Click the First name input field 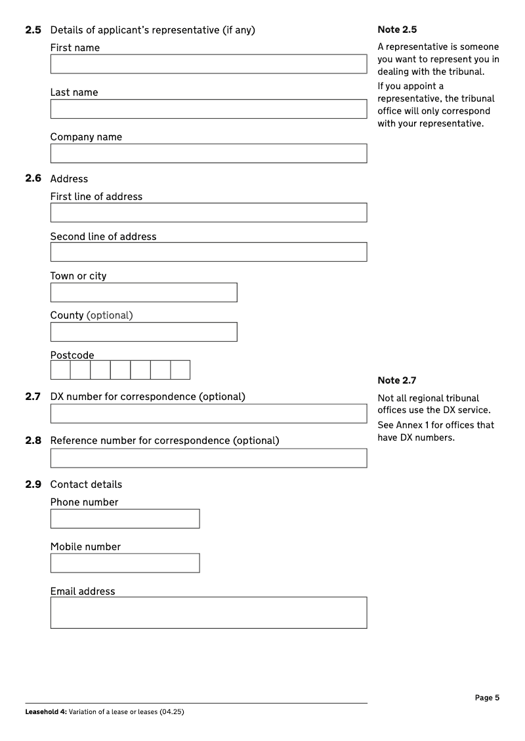click(x=208, y=64)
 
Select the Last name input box click(x=208, y=109)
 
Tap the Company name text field click(x=208, y=153)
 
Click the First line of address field click(x=208, y=212)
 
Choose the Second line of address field click(x=208, y=252)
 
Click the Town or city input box click(x=144, y=292)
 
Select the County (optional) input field click(x=144, y=332)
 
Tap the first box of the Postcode click(x=60, y=370)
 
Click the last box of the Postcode click(x=180, y=370)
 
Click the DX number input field click(x=208, y=414)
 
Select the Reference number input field click(x=208, y=458)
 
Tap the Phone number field click(x=125, y=519)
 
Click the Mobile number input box click(x=125, y=563)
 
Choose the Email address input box click(x=208, y=612)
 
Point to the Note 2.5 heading click(x=397, y=30)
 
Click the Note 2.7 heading click(x=397, y=380)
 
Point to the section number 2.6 click(x=33, y=178)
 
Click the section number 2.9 click(x=33, y=485)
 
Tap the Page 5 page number click(x=487, y=698)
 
